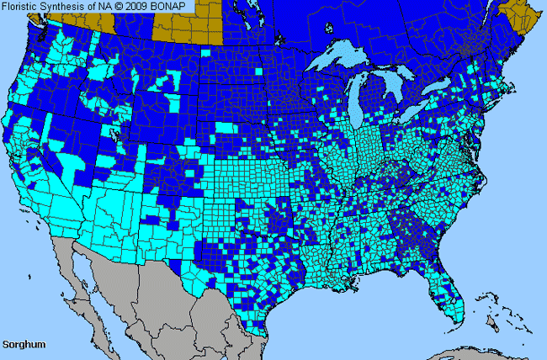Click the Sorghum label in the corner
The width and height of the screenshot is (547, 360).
24,345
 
